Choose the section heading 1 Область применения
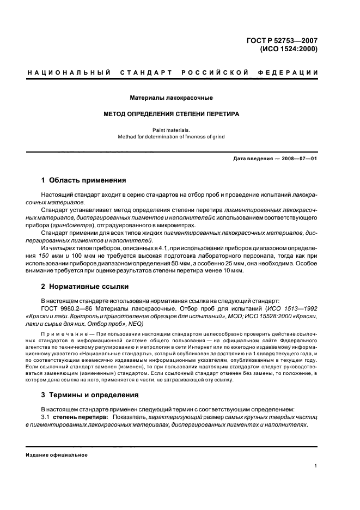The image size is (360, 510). pyautogui.click(x=84, y=180)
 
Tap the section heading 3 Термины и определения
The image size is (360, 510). pyautogui.click(x=90, y=395)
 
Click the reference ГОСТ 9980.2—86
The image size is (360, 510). pyautogui.click(x=64, y=308)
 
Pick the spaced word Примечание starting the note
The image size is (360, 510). pyautogui.click(x=59, y=331)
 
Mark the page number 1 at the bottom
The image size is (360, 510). pyautogui.click(x=316, y=466)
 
